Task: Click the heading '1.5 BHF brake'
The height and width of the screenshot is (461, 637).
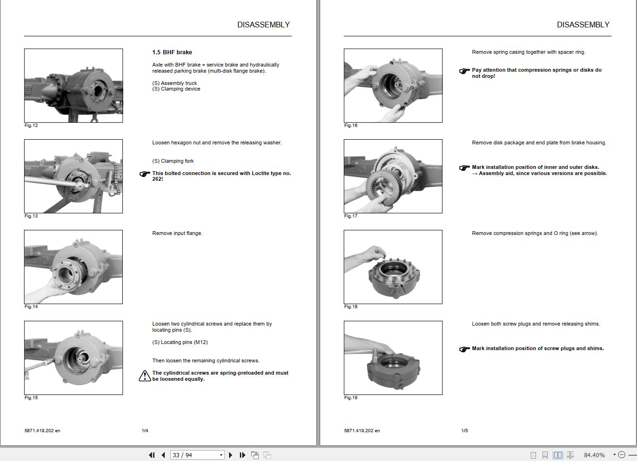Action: (x=172, y=52)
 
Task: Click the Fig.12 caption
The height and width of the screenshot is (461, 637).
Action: (x=31, y=126)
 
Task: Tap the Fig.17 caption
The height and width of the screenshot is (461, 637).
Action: (x=351, y=216)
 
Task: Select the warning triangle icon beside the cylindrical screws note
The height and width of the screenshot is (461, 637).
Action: (x=145, y=376)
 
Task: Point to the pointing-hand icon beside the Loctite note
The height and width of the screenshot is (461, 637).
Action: (x=145, y=174)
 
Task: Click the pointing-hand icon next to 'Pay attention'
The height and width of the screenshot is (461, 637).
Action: (x=464, y=71)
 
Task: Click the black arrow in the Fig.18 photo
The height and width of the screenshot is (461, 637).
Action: (x=403, y=288)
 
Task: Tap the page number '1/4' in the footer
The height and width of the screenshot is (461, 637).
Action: (x=145, y=431)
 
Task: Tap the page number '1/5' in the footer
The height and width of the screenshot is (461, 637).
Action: (x=465, y=431)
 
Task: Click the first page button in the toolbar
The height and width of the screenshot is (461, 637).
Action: (x=152, y=455)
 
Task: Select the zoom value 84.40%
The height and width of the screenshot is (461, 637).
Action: (x=595, y=455)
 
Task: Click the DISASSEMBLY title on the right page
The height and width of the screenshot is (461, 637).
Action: (x=583, y=25)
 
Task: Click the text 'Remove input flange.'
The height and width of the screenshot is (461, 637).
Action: (x=177, y=234)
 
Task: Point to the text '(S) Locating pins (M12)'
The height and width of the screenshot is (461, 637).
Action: (x=180, y=342)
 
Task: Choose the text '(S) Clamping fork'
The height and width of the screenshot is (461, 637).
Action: (x=173, y=161)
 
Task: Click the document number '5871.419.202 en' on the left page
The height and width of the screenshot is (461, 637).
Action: (x=42, y=431)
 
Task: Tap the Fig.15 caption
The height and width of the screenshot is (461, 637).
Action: (x=31, y=398)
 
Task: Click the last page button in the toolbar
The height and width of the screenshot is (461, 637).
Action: (x=242, y=455)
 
